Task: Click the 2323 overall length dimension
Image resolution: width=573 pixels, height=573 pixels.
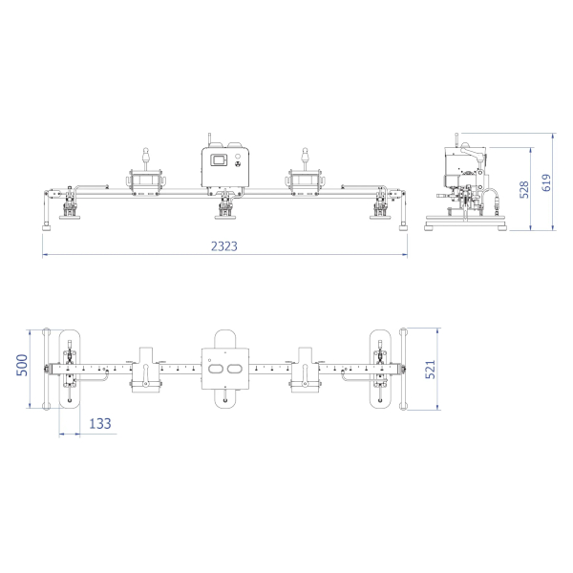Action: tap(224, 246)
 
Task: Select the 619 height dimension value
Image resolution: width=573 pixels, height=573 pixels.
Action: tap(546, 182)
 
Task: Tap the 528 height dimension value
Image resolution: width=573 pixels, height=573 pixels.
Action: tap(524, 189)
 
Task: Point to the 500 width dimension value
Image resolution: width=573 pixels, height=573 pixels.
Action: tap(22, 365)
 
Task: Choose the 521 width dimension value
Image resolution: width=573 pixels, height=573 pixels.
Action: tap(431, 369)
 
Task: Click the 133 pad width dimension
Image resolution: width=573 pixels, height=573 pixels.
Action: tap(100, 423)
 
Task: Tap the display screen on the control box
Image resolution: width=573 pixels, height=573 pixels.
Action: tap(219, 160)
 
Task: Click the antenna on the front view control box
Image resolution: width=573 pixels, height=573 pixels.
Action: tap(210, 140)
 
